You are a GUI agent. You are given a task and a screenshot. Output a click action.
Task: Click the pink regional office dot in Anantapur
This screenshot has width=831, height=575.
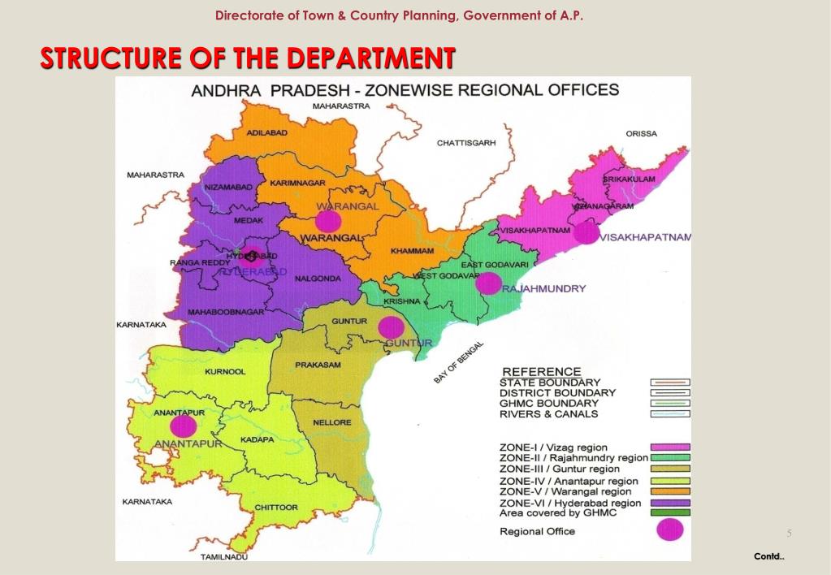[183, 426]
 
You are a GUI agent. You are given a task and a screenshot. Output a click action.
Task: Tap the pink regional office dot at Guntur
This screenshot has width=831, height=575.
[392, 327]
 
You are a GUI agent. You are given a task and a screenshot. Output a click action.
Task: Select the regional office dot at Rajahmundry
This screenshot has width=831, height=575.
[488, 283]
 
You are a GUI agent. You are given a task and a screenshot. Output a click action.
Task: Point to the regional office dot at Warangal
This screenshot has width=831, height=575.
[328, 220]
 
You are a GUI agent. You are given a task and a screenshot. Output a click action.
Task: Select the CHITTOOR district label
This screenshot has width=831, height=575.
[276, 508]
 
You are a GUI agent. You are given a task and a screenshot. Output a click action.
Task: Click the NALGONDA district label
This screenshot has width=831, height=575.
[312, 278]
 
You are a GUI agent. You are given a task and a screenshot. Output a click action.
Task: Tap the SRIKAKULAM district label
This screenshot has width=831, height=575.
[630, 179]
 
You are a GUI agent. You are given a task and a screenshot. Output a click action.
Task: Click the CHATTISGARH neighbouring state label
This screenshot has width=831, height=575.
[466, 143]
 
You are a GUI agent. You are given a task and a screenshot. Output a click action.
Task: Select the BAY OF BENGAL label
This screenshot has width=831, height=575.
[458, 362]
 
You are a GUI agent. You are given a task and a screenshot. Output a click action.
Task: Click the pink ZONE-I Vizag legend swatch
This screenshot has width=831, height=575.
[670, 447]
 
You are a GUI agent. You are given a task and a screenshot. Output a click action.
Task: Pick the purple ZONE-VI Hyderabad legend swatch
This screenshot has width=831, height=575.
[670, 503]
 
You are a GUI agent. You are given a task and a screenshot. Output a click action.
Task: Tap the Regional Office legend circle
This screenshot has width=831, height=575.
[670, 530]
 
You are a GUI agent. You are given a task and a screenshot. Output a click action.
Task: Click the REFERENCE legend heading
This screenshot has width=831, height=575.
[542, 372]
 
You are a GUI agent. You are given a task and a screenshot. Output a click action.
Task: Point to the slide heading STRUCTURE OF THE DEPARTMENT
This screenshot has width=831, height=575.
[248, 58]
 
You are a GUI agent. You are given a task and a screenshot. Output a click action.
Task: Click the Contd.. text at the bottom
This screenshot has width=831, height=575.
[768, 556]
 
